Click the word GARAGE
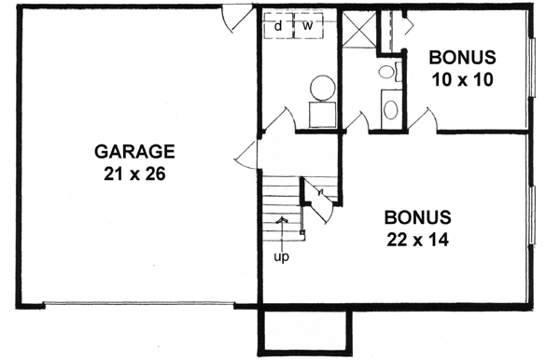pyautogui.click(x=133, y=151)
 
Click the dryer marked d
pyautogui.click(x=278, y=25)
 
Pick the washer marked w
pyautogui.click(x=306, y=25)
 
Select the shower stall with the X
pyautogui.click(x=358, y=31)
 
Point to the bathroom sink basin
pyautogui.click(x=390, y=107)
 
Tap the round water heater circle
pyautogui.click(x=322, y=88)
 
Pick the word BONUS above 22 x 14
pyautogui.click(x=417, y=216)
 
